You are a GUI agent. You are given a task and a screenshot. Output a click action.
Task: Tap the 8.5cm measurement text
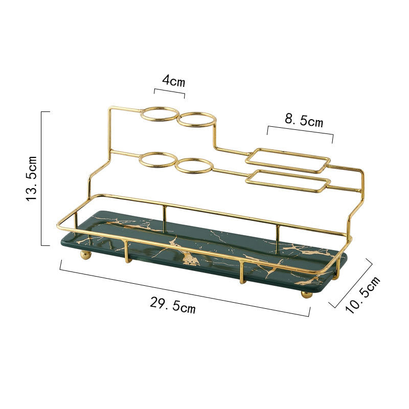[x=304, y=121]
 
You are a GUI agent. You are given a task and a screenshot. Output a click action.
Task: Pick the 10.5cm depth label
[x=362, y=294]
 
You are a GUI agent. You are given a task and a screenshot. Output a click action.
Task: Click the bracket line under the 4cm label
[x=169, y=92]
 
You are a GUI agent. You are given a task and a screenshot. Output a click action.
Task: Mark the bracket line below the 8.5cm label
[x=300, y=131]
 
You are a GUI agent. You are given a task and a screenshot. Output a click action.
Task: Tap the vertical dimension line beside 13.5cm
[x=42, y=178]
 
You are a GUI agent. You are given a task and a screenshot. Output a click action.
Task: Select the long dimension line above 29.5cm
[x=184, y=287]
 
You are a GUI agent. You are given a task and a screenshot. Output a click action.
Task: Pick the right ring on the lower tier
[x=194, y=166]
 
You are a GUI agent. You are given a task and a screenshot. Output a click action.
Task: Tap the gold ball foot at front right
[x=306, y=294]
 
